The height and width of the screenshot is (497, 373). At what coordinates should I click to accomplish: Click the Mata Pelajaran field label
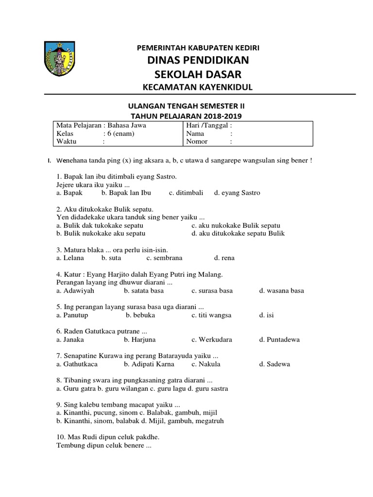click(x=77, y=125)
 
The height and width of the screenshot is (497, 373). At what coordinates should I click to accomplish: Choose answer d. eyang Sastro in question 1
click(x=237, y=193)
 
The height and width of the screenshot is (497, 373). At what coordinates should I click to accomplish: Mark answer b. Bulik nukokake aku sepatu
click(x=101, y=233)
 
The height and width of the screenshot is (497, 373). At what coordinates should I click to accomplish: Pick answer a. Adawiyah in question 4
click(x=75, y=291)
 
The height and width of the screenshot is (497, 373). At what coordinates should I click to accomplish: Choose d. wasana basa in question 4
click(x=282, y=291)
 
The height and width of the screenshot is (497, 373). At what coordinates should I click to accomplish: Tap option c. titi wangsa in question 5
click(x=211, y=315)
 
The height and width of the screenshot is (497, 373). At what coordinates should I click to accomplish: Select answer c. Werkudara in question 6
click(x=211, y=340)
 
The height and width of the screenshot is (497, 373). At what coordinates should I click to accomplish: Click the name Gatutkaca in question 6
click(x=101, y=331)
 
